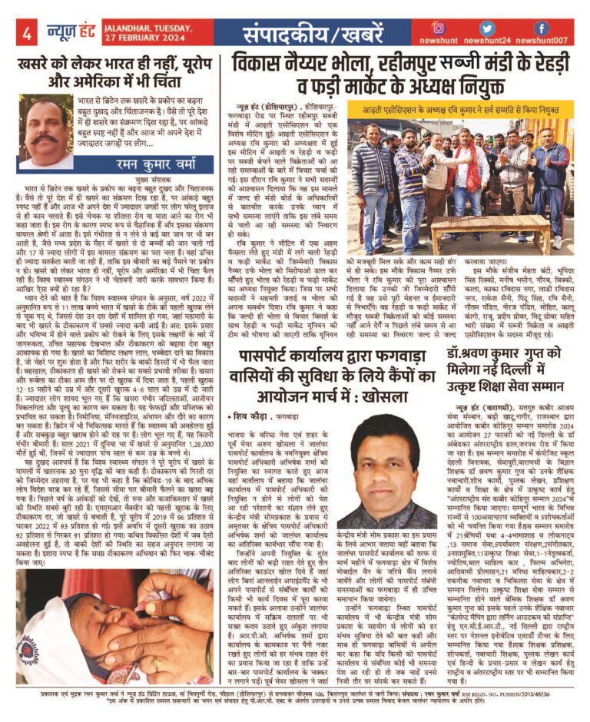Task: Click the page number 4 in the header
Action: [x=26, y=33]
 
